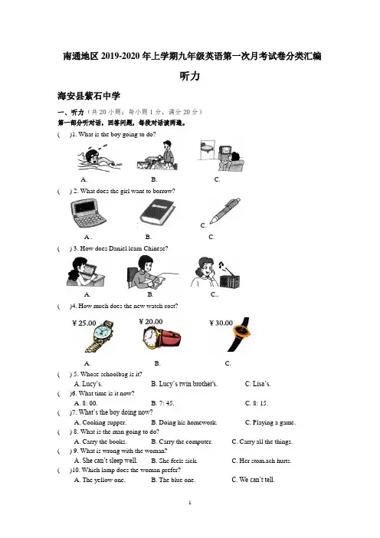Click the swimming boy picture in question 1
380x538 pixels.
pos(100,157)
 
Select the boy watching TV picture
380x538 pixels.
pos(221,156)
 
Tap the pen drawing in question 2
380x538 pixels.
pos(224,210)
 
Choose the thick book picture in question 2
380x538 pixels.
pos(157,213)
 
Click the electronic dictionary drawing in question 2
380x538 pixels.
pos(88,213)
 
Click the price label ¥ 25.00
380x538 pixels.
pos(84,323)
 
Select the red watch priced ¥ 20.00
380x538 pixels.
pos(162,338)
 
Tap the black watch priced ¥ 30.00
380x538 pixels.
pos(240,334)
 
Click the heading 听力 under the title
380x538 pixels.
pos(190,76)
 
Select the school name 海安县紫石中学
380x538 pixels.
pos(89,96)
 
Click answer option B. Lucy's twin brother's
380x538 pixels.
pos(184,384)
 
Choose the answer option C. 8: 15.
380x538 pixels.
pos(257,403)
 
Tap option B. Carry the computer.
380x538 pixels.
pos(182,441)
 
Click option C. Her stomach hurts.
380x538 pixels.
pos(261,461)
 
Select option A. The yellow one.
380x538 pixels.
pos(100,480)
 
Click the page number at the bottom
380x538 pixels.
pos(190,503)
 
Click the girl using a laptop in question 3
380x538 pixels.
pos(85,272)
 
